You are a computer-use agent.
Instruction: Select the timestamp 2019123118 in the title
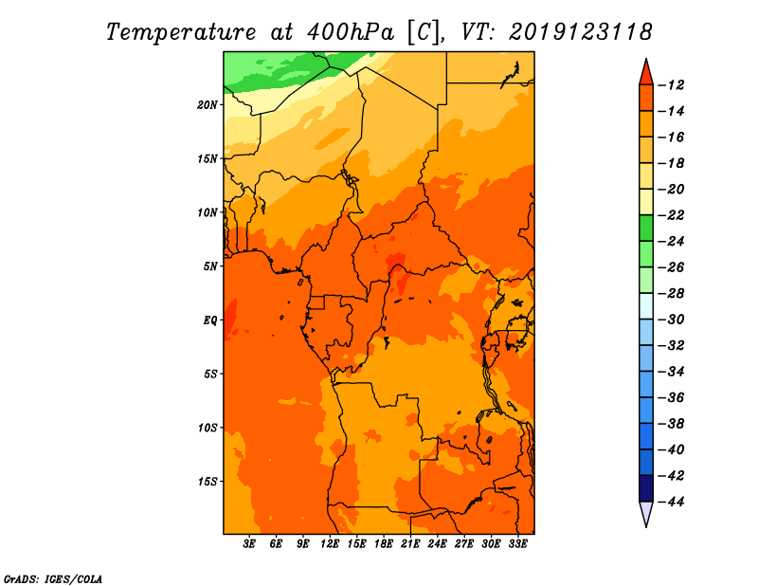coord(581,31)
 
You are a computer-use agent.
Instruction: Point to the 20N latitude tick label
coord(208,104)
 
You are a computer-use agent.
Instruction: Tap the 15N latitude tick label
coord(208,158)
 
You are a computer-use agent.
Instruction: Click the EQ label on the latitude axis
coord(209,320)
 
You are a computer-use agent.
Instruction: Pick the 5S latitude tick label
coord(210,374)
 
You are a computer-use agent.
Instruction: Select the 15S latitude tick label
coord(208,482)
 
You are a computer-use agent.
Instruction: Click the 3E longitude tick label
coord(250,544)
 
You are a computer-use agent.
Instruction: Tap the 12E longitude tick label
coord(331,544)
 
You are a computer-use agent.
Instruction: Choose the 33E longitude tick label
coord(517,544)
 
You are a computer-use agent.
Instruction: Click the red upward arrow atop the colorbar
coord(646,71)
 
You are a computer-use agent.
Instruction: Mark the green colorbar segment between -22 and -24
coord(646,228)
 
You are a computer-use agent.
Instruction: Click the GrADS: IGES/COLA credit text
coord(52,577)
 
